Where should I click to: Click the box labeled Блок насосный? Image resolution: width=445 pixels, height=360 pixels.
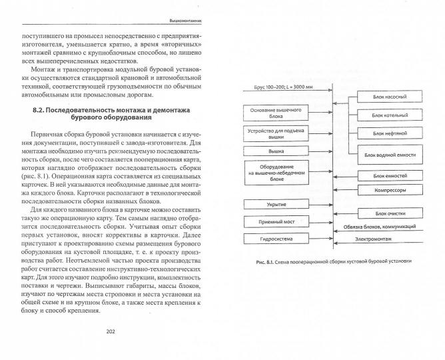point(386,97)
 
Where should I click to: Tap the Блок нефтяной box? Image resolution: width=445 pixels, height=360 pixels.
point(386,135)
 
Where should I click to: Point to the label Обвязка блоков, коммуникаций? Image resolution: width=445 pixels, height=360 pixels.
point(390,226)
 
